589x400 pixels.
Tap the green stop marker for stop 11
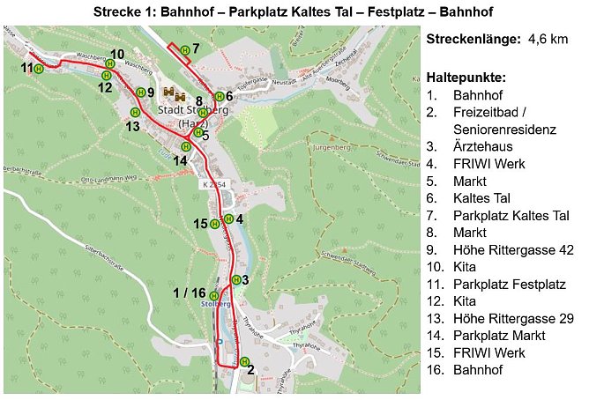(x=40, y=70)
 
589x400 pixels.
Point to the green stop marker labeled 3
(x=235, y=279)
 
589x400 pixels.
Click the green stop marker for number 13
(x=135, y=112)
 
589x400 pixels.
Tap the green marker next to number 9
(x=139, y=92)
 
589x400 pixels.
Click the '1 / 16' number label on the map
(x=190, y=293)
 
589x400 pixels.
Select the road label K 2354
(x=212, y=183)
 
